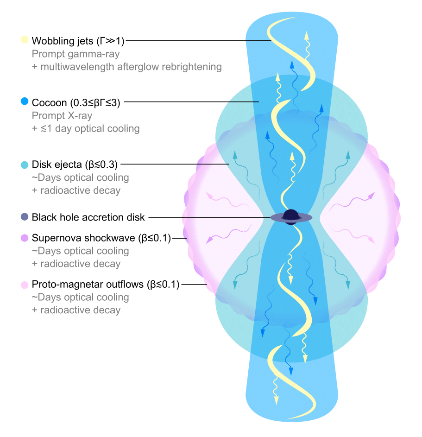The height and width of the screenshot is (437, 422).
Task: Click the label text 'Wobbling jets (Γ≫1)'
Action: click(78, 40)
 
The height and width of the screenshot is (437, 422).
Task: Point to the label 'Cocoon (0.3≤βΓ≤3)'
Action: click(76, 102)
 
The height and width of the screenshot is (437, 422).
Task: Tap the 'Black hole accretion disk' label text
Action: click(88, 217)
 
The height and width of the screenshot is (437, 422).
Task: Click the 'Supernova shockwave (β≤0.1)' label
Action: click(101, 238)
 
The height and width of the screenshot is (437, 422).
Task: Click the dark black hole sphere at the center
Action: click(291, 215)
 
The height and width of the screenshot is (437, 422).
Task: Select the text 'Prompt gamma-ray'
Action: click(76, 54)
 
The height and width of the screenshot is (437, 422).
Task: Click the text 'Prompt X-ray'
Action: click(62, 115)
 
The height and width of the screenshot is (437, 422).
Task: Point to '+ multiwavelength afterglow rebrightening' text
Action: click(127, 67)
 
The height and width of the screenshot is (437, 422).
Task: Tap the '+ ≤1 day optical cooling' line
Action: click(86, 128)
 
